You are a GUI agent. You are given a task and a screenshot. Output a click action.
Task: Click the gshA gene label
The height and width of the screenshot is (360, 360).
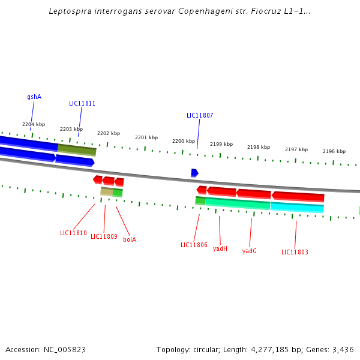click(34, 97)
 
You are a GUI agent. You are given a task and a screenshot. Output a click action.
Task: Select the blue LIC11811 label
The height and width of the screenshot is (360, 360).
click(82, 103)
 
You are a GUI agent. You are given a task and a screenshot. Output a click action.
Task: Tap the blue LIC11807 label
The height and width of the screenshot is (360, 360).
click(200, 115)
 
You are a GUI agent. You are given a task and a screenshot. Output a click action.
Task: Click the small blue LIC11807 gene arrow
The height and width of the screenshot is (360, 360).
click(194, 173)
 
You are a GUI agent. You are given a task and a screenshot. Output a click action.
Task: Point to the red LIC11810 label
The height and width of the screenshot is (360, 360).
click(73, 233)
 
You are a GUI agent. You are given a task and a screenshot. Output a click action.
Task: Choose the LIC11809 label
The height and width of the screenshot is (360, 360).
click(104, 236)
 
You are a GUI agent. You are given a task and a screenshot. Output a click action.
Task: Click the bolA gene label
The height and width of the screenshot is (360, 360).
click(130, 239)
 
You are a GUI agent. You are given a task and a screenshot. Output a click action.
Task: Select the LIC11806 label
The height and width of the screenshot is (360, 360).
click(194, 245)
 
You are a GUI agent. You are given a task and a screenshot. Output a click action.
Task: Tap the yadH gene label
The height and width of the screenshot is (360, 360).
click(220, 248)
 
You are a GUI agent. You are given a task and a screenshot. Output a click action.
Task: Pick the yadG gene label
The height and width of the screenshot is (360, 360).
click(250, 251)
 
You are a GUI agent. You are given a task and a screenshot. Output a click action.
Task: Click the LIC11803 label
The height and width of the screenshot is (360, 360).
click(295, 252)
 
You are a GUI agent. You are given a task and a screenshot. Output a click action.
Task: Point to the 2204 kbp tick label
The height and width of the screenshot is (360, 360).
click(34, 124)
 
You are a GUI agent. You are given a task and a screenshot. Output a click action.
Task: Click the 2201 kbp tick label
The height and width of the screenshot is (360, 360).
click(146, 137)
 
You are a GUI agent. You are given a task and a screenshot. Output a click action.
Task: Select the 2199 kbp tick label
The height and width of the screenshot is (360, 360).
click(221, 144)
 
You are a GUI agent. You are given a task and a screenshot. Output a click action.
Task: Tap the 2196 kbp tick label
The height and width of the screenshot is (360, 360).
click(334, 151)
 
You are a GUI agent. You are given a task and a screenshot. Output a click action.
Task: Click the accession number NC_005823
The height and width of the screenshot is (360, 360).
click(63, 349)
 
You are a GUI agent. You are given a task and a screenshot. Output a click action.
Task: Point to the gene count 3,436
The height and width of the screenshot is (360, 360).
click(343, 349)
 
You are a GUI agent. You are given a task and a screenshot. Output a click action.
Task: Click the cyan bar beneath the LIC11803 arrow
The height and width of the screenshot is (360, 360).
click(297, 208)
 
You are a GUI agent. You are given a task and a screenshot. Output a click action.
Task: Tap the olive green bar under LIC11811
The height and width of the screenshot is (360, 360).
click(77, 149)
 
